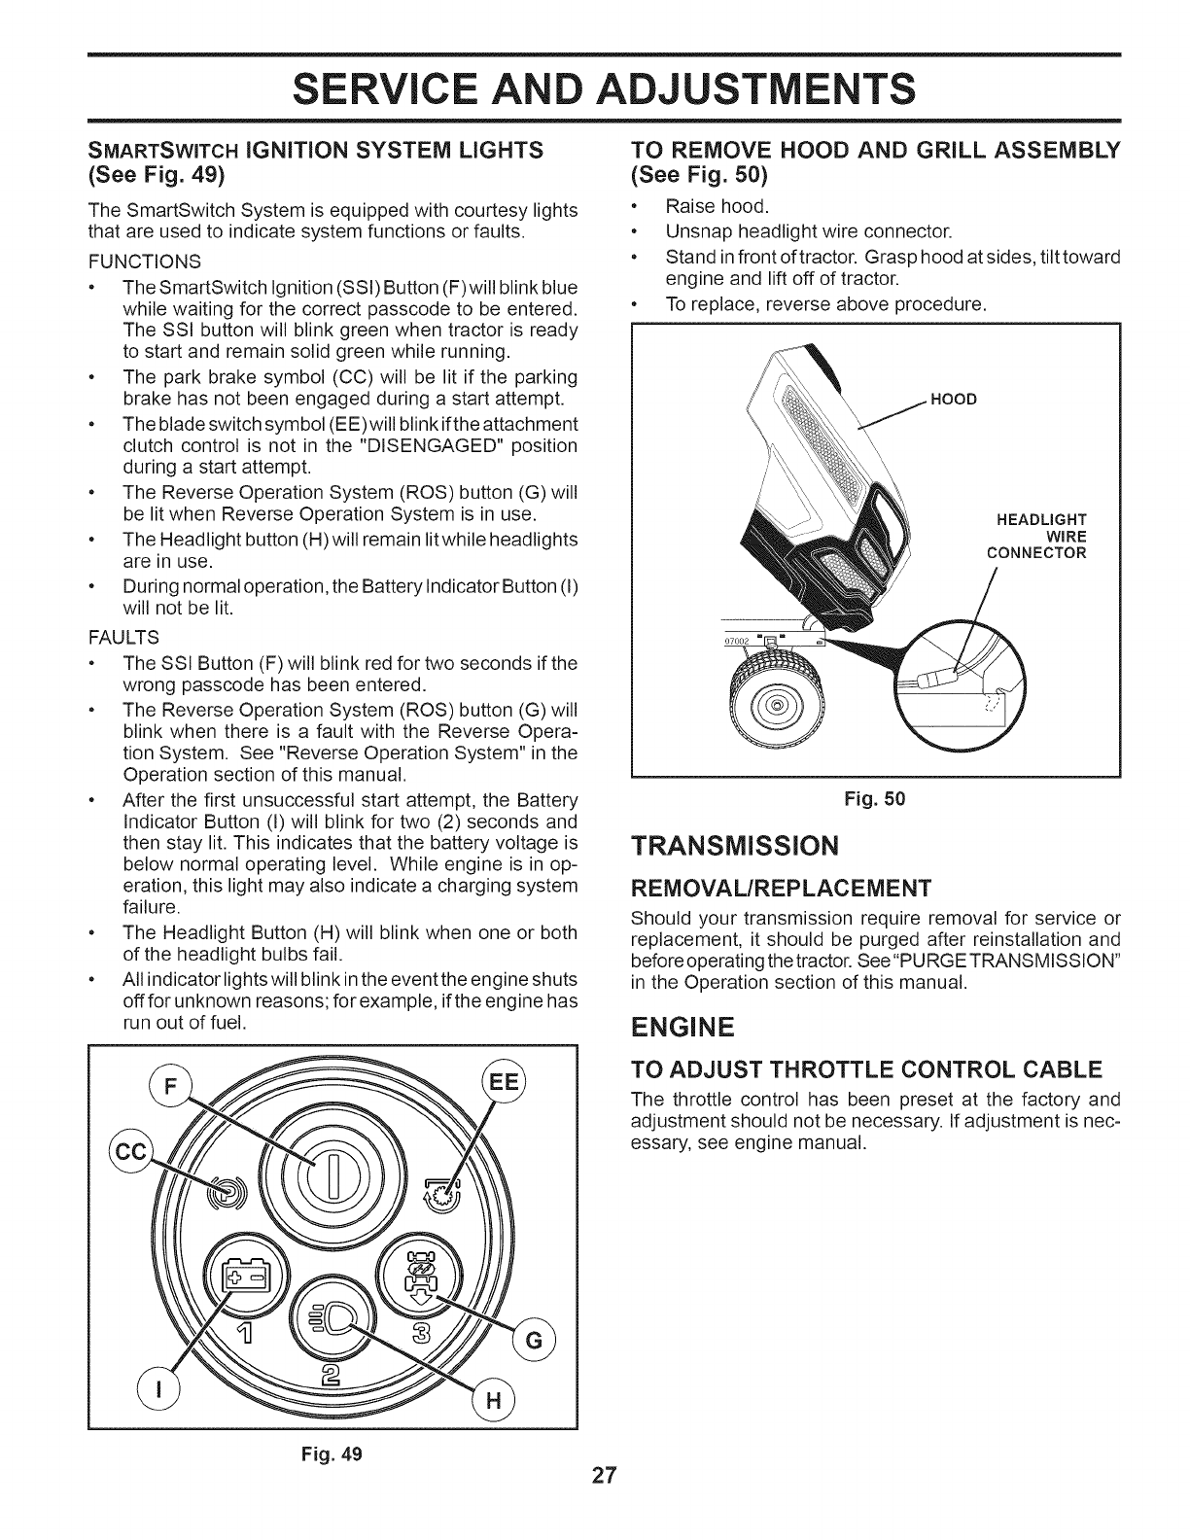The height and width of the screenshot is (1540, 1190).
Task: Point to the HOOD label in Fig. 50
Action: pyautogui.click(x=954, y=400)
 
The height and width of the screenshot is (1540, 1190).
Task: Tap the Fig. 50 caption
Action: pyautogui.click(x=876, y=799)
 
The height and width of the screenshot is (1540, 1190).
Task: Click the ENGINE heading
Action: pyautogui.click(x=682, y=1027)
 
